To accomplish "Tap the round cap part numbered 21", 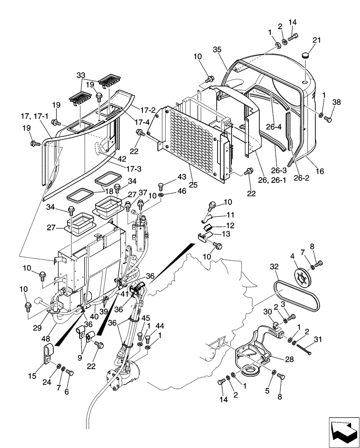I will (306, 55).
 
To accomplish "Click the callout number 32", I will (274, 265).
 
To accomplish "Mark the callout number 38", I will (336, 102).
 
